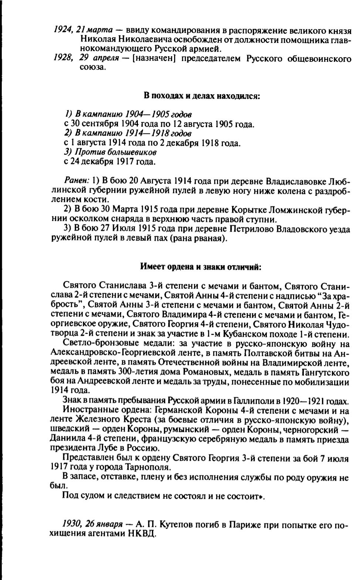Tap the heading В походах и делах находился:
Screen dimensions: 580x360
click(202, 96)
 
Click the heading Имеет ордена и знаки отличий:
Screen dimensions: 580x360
click(201, 267)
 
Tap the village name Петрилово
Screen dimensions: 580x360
click(249, 229)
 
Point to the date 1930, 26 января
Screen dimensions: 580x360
click(93, 524)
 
